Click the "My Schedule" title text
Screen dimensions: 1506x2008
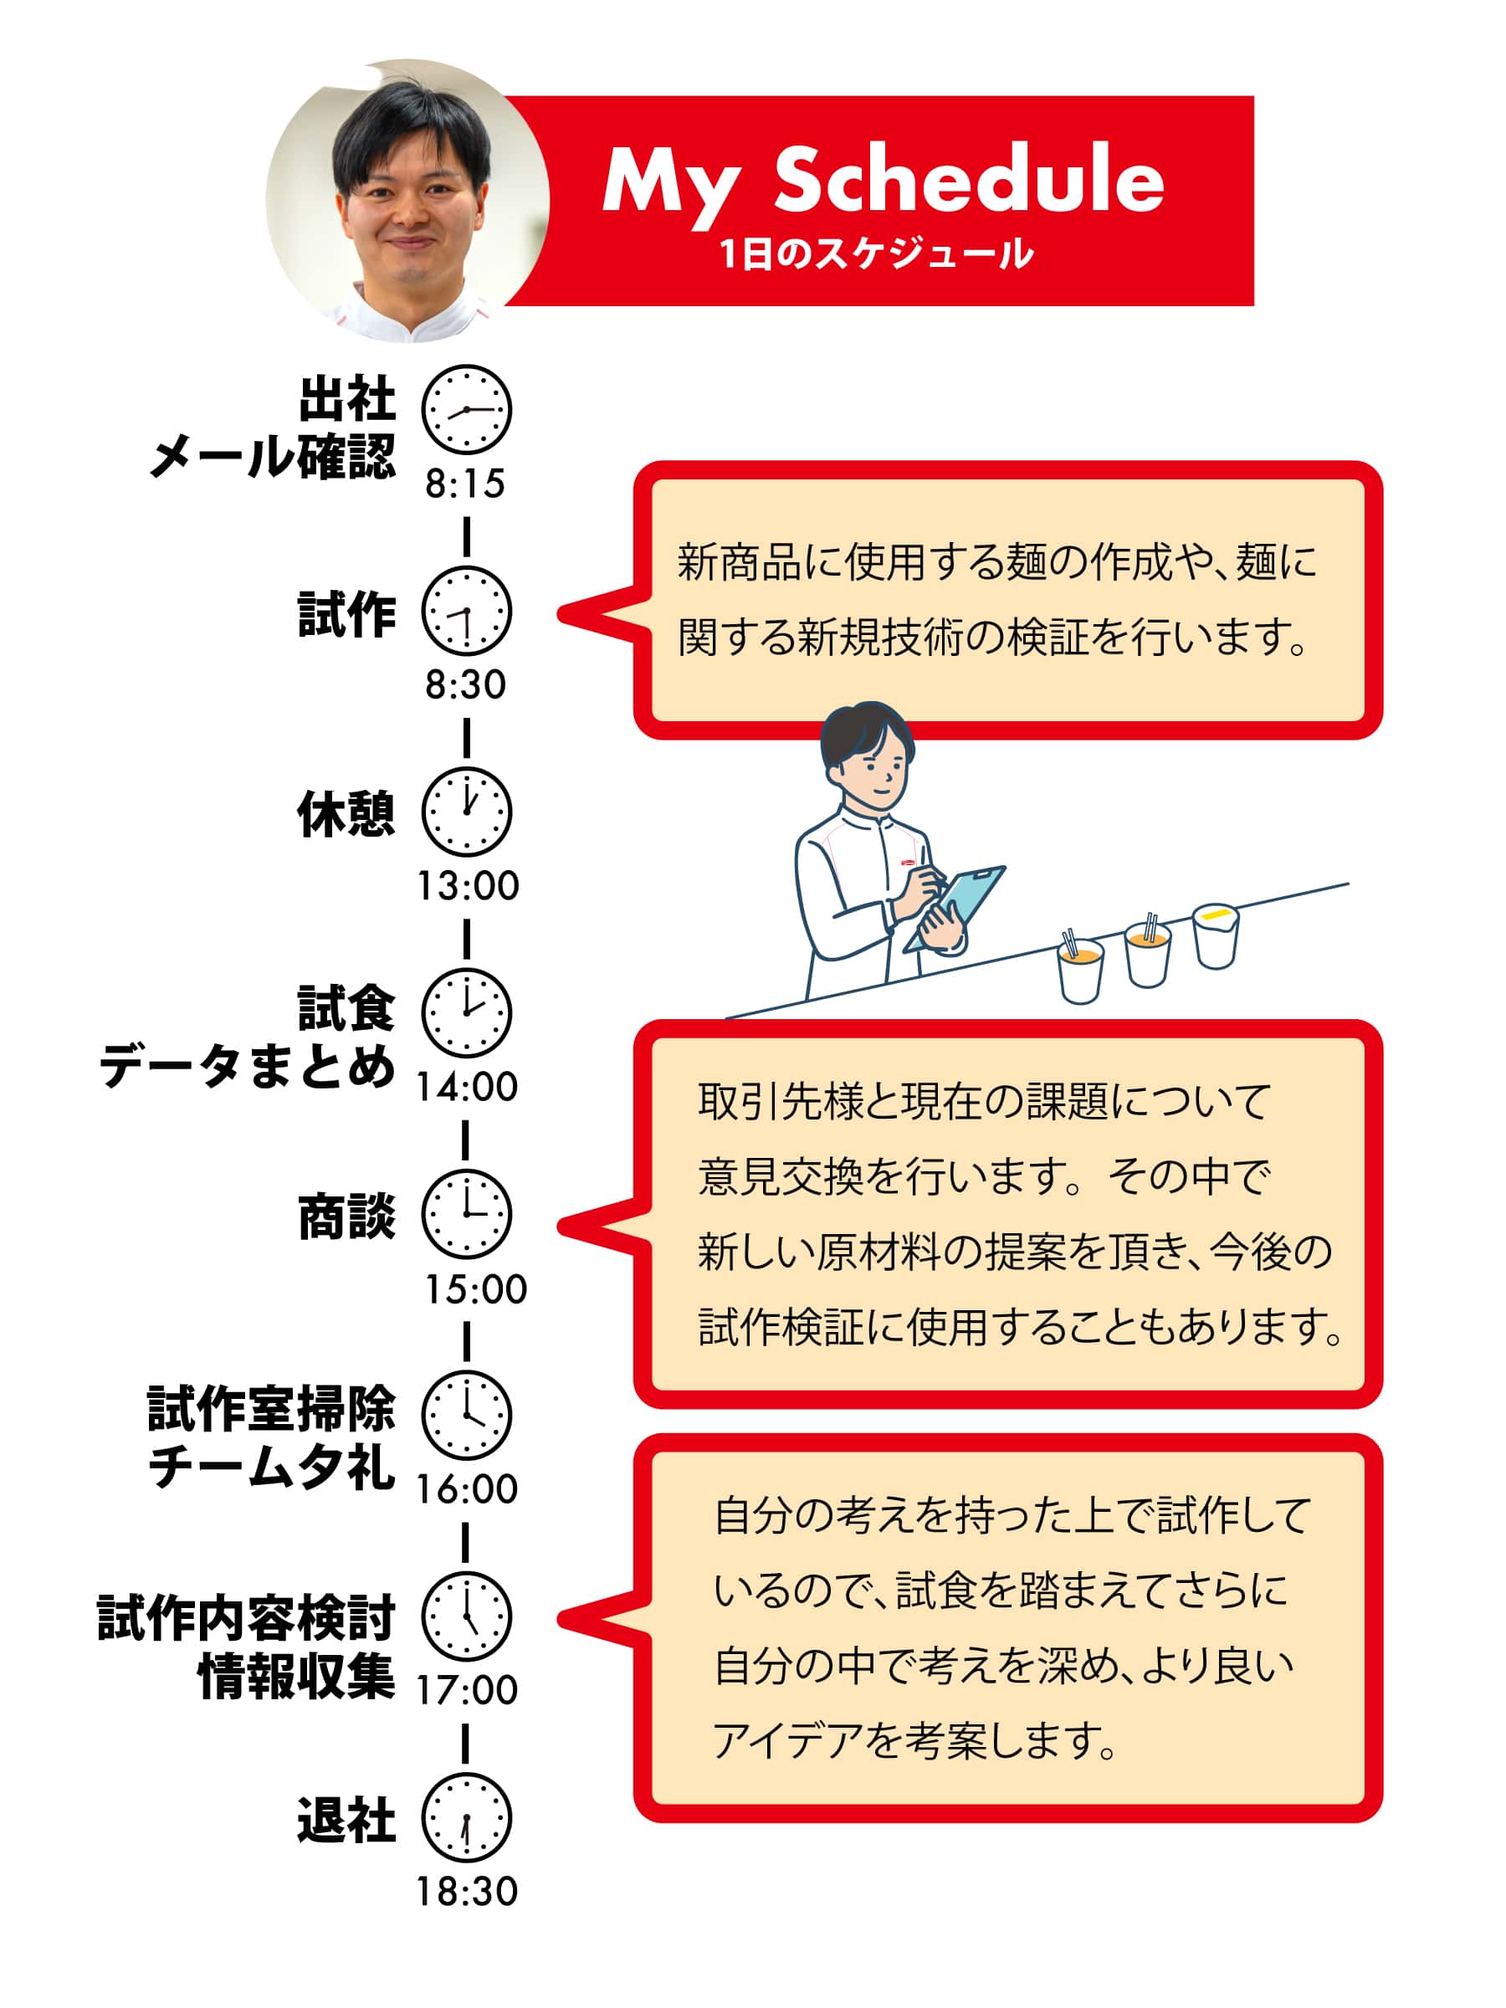pyautogui.click(x=884, y=182)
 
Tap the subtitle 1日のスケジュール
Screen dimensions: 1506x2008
pyautogui.click(x=877, y=254)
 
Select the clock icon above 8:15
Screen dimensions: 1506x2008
pyautogui.click(x=467, y=409)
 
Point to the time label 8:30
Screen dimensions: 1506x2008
pyautogui.click(x=466, y=684)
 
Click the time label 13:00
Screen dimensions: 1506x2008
pyautogui.click(x=468, y=886)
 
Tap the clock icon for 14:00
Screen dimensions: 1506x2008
pyautogui.click(x=467, y=1013)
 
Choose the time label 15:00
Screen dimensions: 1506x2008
pyautogui.click(x=476, y=1289)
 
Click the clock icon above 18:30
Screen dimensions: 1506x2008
pyautogui.click(x=467, y=1817)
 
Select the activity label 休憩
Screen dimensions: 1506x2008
pyautogui.click(x=346, y=813)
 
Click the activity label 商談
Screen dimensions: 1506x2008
pyautogui.click(x=346, y=1217)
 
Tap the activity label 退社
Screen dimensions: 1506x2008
pyautogui.click(x=346, y=1819)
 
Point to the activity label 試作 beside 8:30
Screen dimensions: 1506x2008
pyautogui.click(x=346, y=613)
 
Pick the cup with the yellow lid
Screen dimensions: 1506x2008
pyautogui.click(x=1216, y=935)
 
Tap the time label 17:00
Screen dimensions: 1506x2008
pyautogui.click(x=468, y=1690)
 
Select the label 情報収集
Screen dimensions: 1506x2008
pyautogui.click(x=297, y=1676)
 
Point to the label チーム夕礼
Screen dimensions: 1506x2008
pyautogui.click(x=272, y=1467)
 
